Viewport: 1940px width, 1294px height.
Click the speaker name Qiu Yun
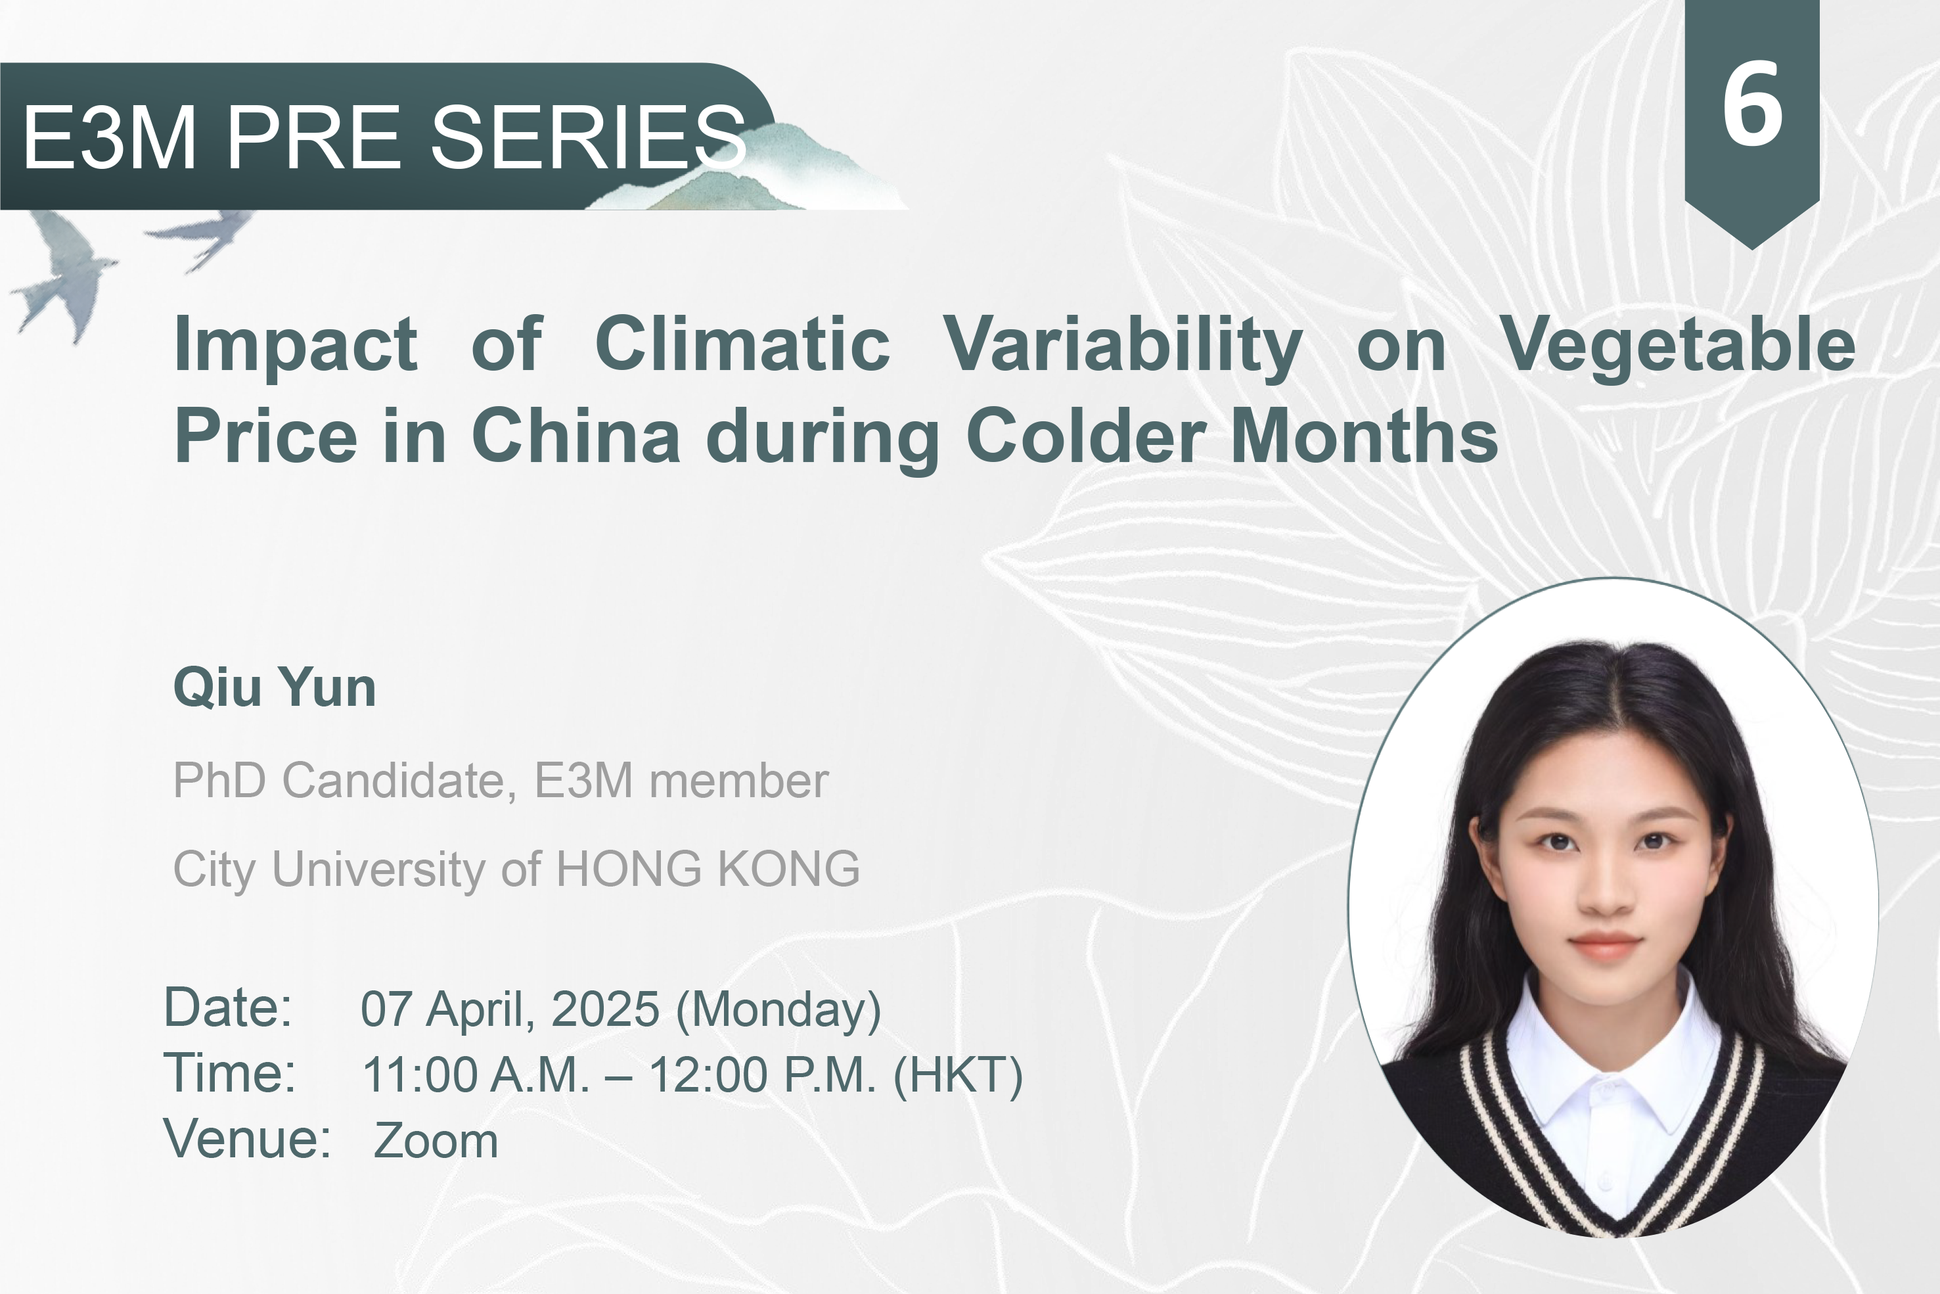pyautogui.click(x=275, y=687)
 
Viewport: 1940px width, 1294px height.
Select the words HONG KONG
pyautogui.click(x=708, y=868)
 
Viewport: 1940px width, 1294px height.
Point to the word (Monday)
pyautogui.click(x=778, y=1010)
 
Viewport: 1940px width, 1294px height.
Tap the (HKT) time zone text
pyautogui.click(x=959, y=1076)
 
